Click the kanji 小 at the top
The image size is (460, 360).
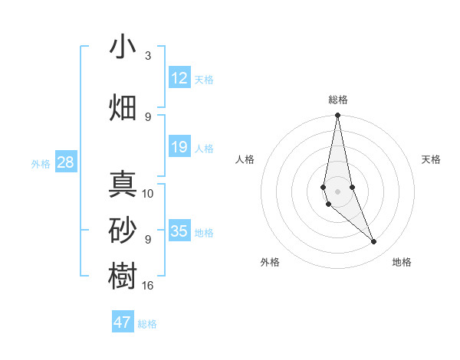[x=123, y=47]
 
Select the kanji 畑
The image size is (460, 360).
[x=123, y=107]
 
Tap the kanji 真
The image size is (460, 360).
[x=123, y=185]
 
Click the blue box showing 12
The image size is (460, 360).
[x=179, y=77]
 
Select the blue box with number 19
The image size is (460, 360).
[x=179, y=147]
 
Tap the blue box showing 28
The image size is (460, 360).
[x=65, y=162]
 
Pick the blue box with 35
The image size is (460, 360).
[x=179, y=231]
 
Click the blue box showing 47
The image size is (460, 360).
[x=123, y=322]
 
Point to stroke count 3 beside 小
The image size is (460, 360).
[x=148, y=56]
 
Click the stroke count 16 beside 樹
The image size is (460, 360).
[x=148, y=286]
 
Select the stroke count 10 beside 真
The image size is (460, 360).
[x=148, y=194]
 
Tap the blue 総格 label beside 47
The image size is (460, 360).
[x=148, y=324]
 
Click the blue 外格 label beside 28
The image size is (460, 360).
[x=40, y=163]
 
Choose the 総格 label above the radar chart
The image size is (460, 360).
[x=338, y=100]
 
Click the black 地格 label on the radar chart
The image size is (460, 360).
[x=402, y=263]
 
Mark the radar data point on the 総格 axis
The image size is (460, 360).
[x=337, y=116]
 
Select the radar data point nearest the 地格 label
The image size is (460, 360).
[x=374, y=242]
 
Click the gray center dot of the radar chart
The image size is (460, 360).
[x=337, y=191]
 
